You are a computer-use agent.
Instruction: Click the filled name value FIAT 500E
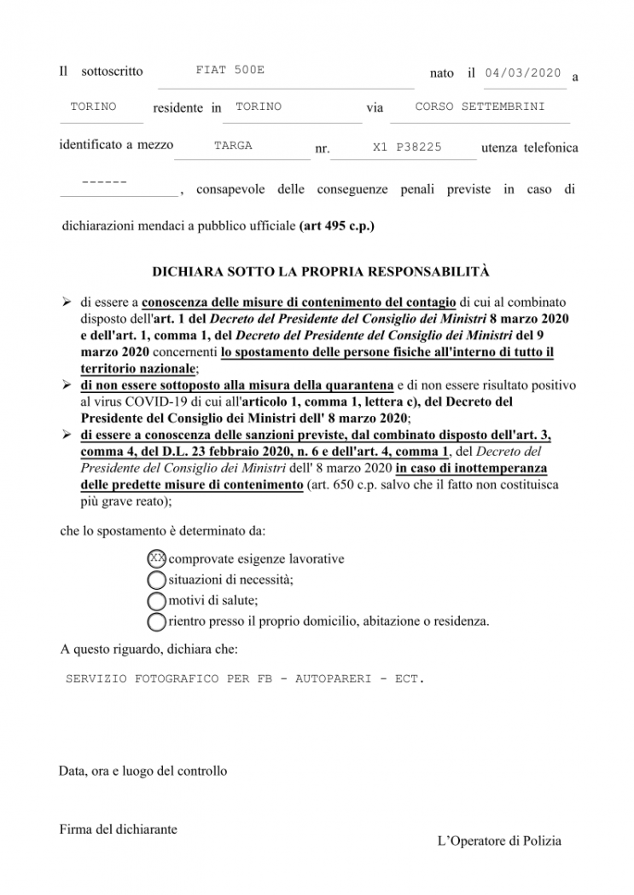point(230,70)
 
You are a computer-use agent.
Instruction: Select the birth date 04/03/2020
point(522,73)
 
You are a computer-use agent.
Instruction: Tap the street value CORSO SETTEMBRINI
point(480,107)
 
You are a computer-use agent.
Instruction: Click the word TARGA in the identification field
point(233,146)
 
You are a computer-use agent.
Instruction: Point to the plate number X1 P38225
point(407,147)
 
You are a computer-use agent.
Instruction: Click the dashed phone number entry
point(105,183)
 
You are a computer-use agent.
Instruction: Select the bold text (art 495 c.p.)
point(337,227)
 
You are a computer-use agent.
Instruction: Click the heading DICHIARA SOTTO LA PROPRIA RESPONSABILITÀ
point(321,272)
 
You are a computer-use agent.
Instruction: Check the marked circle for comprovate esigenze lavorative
point(157,558)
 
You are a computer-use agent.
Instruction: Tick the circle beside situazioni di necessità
point(157,580)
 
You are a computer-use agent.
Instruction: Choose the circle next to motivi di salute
point(157,600)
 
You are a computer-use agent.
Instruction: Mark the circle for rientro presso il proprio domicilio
point(157,621)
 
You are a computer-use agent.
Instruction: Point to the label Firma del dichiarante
point(118,829)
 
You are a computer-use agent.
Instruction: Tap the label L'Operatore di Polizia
point(499,841)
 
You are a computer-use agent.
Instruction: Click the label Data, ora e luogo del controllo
point(143,771)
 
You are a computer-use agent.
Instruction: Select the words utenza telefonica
point(529,147)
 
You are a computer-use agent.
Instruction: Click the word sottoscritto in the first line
point(112,72)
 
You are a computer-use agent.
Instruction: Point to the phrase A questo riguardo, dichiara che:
point(143,650)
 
